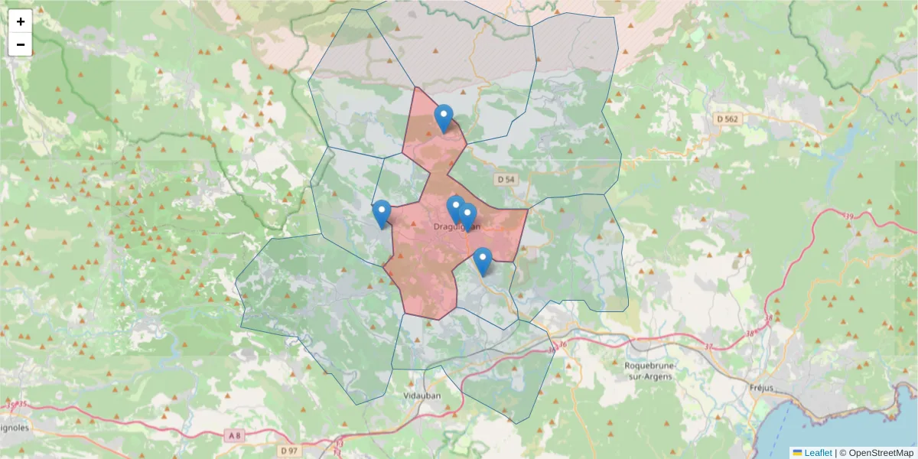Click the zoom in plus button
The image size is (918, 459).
tap(21, 21)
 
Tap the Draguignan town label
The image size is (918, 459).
tap(457, 226)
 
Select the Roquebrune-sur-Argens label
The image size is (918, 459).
tap(648, 370)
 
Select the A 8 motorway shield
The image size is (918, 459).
tap(234, 435)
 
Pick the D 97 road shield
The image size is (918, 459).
tap(288, 451)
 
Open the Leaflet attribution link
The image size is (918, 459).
tap(818, 453)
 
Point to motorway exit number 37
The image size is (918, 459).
tap(708, 347)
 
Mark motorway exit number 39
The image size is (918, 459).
tap(848, 217)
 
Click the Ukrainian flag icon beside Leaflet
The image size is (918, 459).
tap(797, 453)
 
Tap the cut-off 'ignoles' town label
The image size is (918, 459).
tap(15, 428)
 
